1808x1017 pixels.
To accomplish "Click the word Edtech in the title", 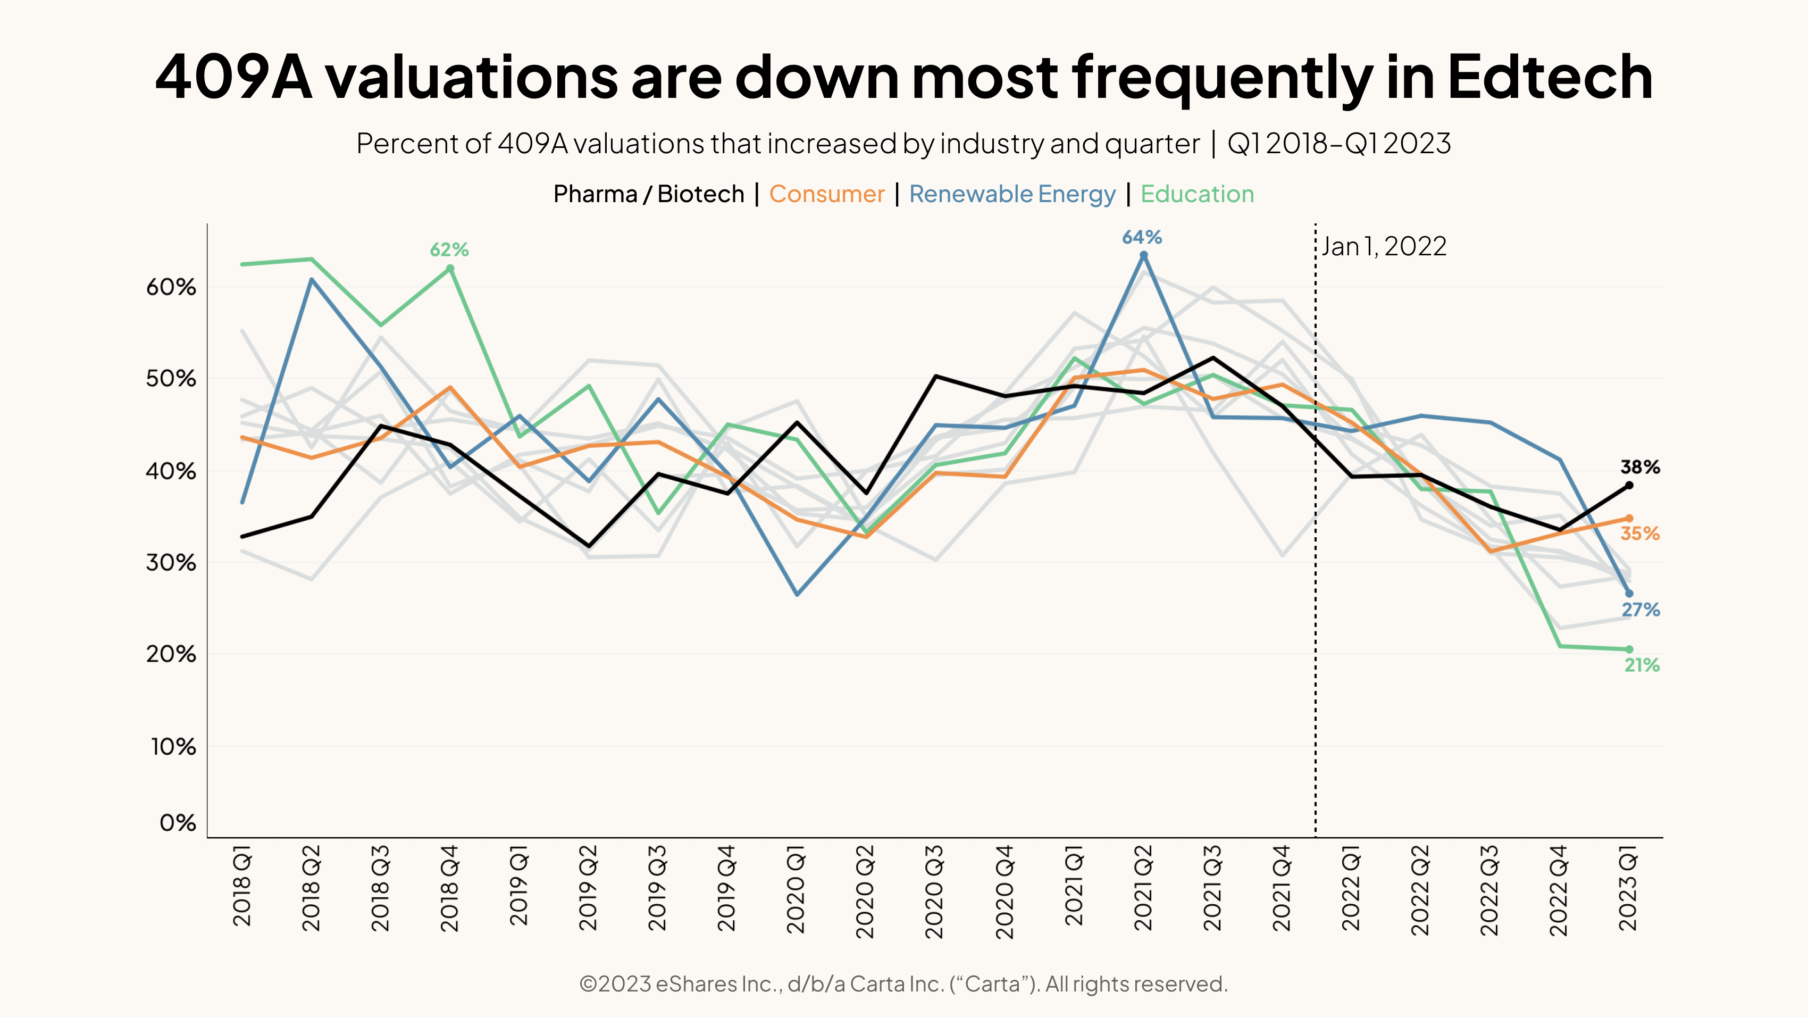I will pyautogui.click(x=1549, y=77).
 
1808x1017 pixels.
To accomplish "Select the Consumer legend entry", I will pyautogui.click(x=827, y=194).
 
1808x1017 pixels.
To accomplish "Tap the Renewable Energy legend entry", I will pyautogui.click(x=1011, y=194).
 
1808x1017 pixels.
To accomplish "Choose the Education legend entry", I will pyautogui.click(x=1196, y=194).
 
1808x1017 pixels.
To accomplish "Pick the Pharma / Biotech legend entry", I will pyautogui.click(x=649, y=194).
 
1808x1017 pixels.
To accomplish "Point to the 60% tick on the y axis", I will pyautogui.click(x=171, y=287).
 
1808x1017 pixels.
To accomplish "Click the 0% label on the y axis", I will pyautogui.click(x=178, y=822).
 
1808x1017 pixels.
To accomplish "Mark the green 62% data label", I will pyautogui.click(x=449, y=250).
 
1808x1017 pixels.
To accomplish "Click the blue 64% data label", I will pyautogui.click(x=1142, y=238).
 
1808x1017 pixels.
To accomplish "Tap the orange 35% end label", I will pyautogui.click(x=1639, y=533).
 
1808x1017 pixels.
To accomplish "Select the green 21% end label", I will pyautogui.click(x=1642, y=665).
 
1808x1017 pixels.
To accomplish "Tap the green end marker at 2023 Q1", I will pyautogui.click(x=1629, y=649).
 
